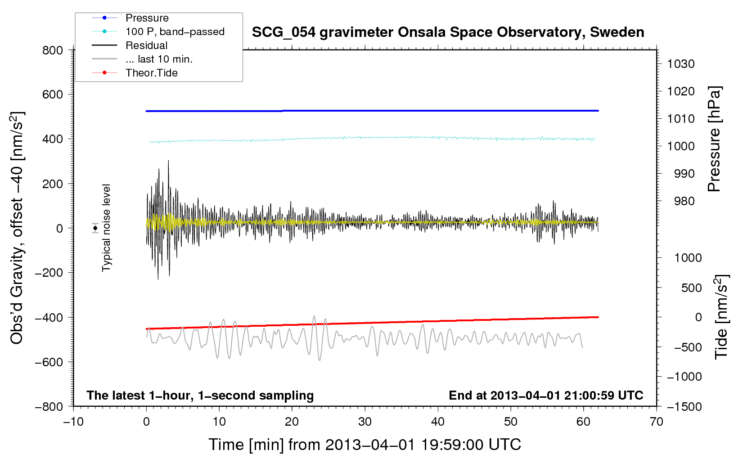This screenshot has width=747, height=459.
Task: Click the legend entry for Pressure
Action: [x=147, y=18]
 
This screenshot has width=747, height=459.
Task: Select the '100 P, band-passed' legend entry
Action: [x=175, y=31]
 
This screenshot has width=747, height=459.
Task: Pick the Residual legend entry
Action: [x=146, y=45]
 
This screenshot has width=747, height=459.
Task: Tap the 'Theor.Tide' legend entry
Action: [x=151, y=73]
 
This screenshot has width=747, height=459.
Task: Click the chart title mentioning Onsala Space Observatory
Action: [x=448, y=32]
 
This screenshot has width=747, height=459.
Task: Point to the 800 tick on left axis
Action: [x=53, y=50]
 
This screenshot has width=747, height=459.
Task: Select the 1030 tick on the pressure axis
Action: [x=681, y=64]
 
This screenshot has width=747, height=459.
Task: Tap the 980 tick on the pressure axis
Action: [x=684, y=201]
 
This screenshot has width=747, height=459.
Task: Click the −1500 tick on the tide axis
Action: [x=684, y=406]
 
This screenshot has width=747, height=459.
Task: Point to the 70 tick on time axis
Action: [x=657, y=422]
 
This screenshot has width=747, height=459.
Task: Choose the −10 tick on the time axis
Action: [x=73, y=422]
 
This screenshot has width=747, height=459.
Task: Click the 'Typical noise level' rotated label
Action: [x=106, y=228]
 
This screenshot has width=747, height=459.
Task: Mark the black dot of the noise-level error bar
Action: [x=95, y=228]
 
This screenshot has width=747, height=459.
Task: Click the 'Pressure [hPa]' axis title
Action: [x=714, y=139]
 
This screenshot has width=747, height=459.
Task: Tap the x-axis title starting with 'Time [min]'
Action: [x=364, y=445]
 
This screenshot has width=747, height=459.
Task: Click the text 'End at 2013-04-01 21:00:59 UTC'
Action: [x=546, y=395]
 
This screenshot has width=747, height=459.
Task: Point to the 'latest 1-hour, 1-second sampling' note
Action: [x=200, y=395]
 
